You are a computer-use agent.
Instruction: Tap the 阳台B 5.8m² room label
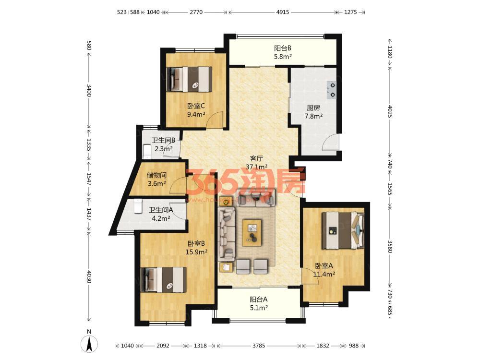click(x=283, y=52)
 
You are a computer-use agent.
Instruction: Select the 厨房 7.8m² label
click(x=313, y=112)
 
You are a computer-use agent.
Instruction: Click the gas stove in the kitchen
click(x=332, y=90)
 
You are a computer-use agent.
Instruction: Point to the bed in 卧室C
click(x=189, y=79)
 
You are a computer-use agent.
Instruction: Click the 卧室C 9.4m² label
click(x=196, y=110)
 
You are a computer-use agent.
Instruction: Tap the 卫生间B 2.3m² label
click(x=163, y=144)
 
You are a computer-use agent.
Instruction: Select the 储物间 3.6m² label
click(x=157, y=179)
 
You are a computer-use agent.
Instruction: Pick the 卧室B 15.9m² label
click(x=196, y=248)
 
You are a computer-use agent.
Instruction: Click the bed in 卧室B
click(x=164, y=280)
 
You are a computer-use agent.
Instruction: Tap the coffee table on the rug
click(x=252, y=233)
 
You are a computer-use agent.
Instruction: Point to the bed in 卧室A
click(x=343, y=231)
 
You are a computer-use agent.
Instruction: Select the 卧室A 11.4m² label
click(x=324, y=270)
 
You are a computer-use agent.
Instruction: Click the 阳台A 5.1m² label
click(x=259, y=303)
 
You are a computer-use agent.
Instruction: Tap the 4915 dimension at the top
click(x=282, y=12)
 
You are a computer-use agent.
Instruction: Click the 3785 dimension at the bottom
click(x=259, y=346)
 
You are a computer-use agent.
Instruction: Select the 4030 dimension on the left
click(x=89, y=276)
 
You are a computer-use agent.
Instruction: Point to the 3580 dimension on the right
click(x=390, y=246)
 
